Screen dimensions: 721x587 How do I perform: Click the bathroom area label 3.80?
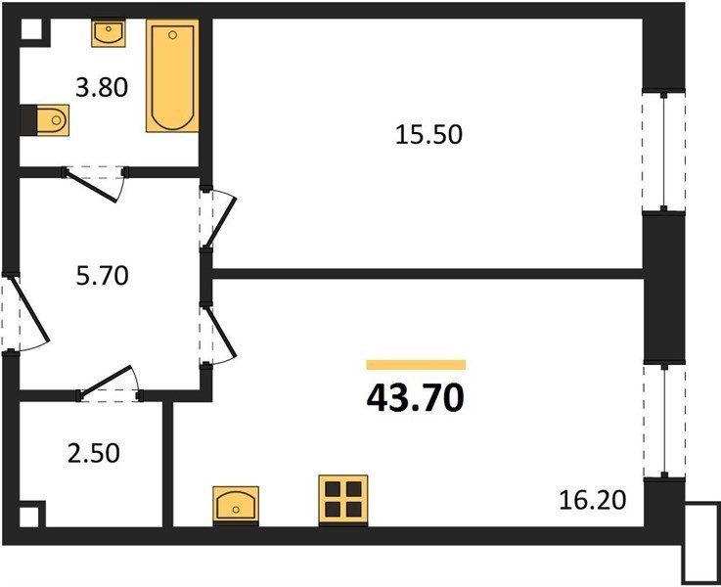[102, 87]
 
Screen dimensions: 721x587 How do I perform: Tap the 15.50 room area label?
[428, 135]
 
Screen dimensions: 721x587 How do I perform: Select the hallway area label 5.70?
[102, 276]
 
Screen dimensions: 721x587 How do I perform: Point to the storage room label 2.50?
[94, 453]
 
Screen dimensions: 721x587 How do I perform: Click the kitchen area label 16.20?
[592, 500]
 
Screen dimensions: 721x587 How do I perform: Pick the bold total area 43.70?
[415, 398]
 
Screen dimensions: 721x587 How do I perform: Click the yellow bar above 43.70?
[416, 365]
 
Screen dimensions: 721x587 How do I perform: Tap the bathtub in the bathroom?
[172, 76]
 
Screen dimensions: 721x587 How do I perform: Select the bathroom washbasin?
[109, 33]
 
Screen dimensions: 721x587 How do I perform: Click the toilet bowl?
[53, 120]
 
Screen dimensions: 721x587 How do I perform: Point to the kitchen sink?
[236, 504]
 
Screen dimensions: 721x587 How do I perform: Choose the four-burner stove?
[343, 499]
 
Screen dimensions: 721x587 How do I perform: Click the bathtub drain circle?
[173, 35]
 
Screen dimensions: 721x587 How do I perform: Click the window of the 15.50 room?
[663, 151]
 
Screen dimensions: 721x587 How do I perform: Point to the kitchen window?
[664, 420]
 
